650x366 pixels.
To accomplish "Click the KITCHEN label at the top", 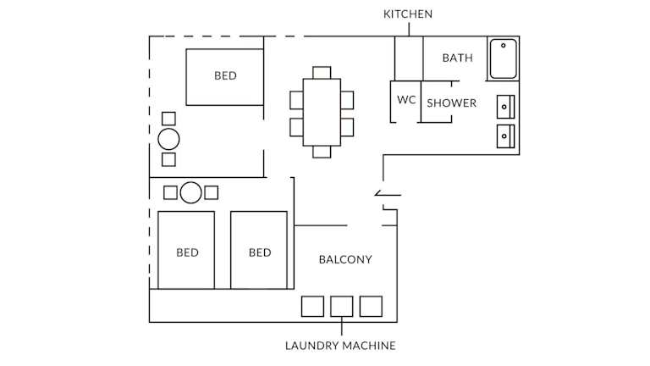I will click(x=408, y=14).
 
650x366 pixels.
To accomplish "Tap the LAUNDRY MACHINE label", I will click(x=340, y=346).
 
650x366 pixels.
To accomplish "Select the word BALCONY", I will click(x=344, y=259).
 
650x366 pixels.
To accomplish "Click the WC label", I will click(x=406, y=100).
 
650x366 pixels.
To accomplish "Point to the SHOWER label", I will click(x=451, y=103).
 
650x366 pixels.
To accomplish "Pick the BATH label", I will click(x=458, y=58).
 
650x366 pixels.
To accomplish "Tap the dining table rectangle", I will click(x=322, y=112).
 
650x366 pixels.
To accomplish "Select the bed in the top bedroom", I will click(x=225, y=76).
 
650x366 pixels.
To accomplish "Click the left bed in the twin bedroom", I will click(x=186, y=251).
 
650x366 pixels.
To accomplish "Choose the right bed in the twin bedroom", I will click(x=259, y=251).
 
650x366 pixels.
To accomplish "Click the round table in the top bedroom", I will click(x=168, y=139).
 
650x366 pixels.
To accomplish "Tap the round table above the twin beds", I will click(x=191, y=192).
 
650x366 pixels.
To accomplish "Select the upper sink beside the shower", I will click(x=505, y=107).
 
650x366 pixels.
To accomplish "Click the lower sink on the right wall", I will click(x=505, y=135).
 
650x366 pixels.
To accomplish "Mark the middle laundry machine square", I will click(x=341, y=306).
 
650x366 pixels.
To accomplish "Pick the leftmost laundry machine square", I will click(x=312, y=306).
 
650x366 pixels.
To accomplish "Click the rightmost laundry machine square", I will click(x=371, y=306).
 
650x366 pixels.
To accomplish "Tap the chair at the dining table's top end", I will click(x=322, y=72).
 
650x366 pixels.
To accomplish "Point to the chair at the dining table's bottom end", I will click(x=322, y=152).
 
